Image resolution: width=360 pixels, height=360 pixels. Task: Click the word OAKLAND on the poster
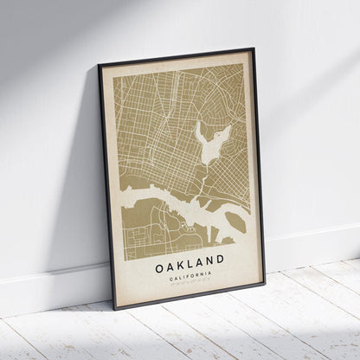point(190,259)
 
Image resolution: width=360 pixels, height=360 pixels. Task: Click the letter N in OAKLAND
point(210,258)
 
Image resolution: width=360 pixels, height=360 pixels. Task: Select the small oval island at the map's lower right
point(236,221)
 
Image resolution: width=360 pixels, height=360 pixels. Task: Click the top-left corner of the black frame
point(99,65)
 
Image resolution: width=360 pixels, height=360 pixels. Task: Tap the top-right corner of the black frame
point(254,49)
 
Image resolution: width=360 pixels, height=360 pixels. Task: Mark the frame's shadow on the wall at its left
point(87,216)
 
